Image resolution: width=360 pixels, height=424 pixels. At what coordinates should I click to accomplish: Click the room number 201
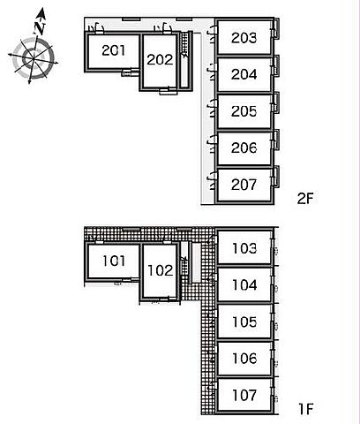(113, 50)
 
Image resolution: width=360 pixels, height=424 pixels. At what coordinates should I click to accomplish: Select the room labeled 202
(160, 60)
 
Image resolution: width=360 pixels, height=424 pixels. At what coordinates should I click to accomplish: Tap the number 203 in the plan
(244, 38)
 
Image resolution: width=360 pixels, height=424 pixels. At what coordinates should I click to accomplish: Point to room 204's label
(244, 74)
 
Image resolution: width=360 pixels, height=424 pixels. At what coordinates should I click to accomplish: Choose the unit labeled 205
(244, 111)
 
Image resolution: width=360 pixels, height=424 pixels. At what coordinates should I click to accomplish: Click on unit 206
(244, 148)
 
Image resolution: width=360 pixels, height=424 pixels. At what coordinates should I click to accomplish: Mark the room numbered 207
(244, 185)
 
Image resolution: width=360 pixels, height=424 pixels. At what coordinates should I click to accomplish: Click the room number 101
(114, 261)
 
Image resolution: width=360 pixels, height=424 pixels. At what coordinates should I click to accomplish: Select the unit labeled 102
(160, 270)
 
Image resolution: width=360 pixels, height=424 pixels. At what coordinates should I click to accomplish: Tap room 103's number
(244, 248)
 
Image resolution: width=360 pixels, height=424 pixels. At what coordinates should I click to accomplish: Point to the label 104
(244, 284)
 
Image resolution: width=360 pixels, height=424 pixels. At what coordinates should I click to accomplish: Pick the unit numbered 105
(244, 322)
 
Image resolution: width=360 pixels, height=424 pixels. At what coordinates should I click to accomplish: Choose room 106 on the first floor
(244, 358)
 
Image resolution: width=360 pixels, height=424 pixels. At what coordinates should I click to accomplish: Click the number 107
(244, 395)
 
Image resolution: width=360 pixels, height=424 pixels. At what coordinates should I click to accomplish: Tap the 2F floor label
(305, 199)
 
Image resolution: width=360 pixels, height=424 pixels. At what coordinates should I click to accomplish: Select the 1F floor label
(306, 409)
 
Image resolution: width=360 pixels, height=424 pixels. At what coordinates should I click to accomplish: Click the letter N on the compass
(39, 27)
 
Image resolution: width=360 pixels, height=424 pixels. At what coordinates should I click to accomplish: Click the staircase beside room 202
(185, 60)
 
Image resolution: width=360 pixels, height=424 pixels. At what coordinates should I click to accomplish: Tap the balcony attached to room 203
(276, 29)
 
